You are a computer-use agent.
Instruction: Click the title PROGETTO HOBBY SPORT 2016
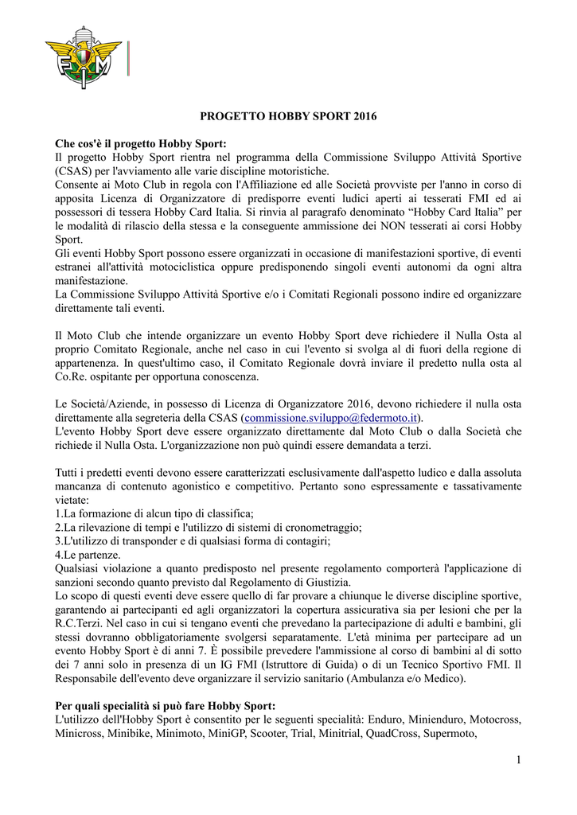click(287, 116)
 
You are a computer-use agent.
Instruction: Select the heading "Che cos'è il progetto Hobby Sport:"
click(141, 143)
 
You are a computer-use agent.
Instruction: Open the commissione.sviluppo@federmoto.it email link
click(330, 418)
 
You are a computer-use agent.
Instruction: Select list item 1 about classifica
click(154, 513)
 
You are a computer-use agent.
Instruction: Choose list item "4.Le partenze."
click(88, 554)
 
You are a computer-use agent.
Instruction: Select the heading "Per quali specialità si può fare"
click(165, 706)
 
